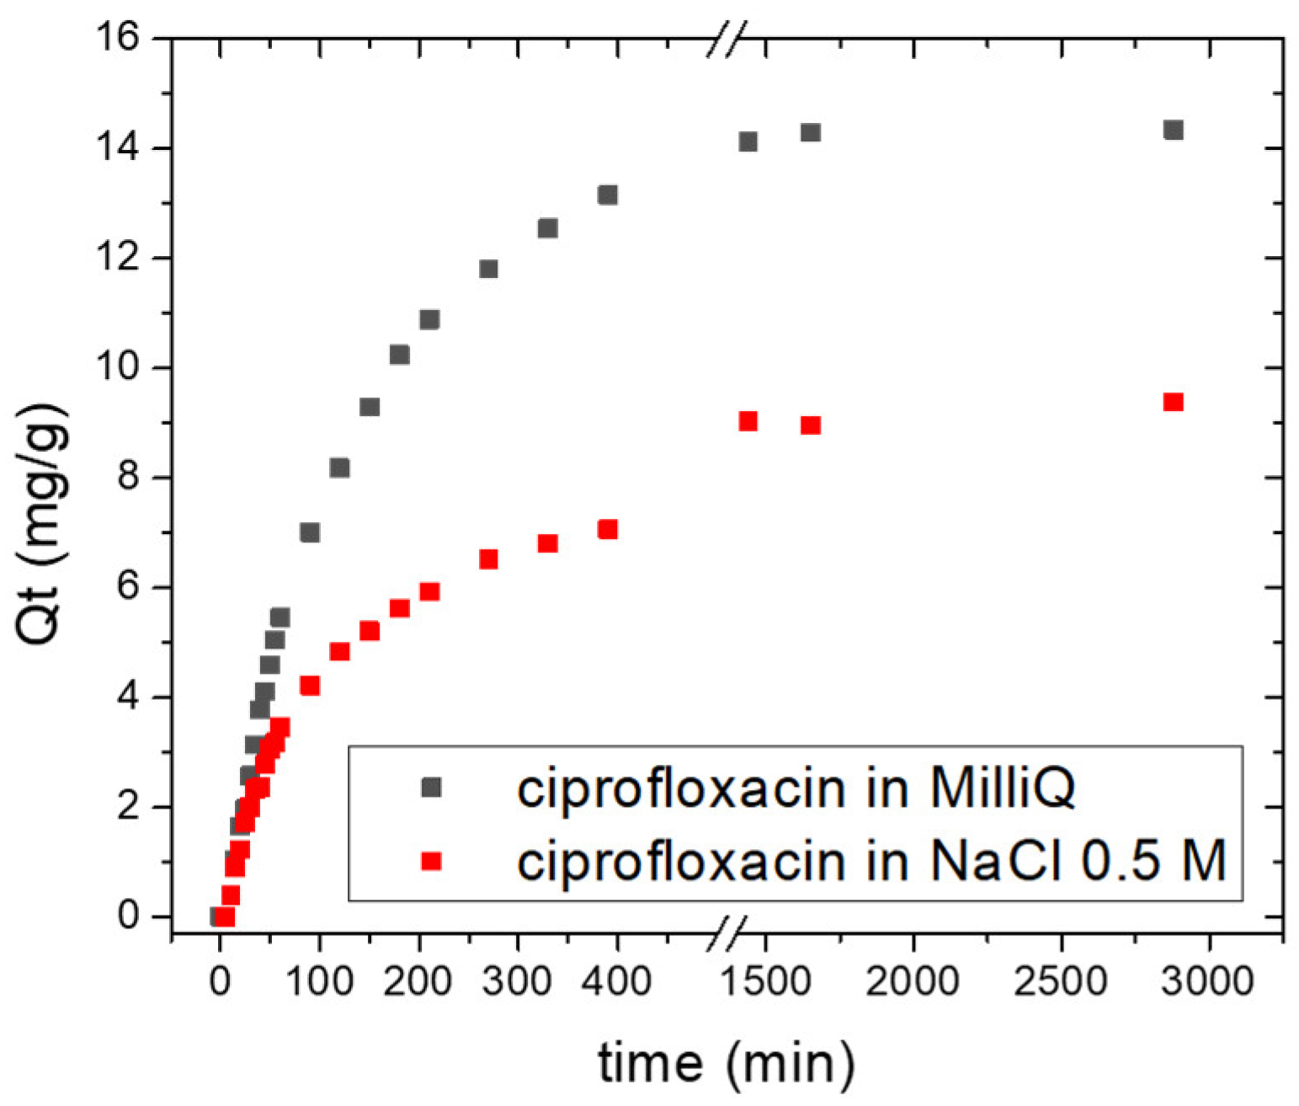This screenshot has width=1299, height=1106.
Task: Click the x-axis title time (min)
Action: [x=726, y=1062]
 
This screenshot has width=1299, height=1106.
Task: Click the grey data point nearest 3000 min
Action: [x=1173, y=130]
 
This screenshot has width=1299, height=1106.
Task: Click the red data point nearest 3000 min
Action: [x=1173, y=402]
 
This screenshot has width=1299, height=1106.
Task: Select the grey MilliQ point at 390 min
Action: [x=607, y=195]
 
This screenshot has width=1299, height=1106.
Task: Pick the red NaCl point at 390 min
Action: [x=607, y=529]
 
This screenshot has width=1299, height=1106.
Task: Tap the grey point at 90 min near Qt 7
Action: [x=309, y=532]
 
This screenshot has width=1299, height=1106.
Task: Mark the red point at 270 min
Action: [x=488, y=559]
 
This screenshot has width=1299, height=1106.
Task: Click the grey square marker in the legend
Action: [x=431, y=788]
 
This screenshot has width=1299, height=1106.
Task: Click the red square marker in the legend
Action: [x=431, y=860]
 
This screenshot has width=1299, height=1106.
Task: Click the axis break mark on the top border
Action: [x=726, y=40]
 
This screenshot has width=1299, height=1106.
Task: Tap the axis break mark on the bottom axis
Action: [x=726, y=933]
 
